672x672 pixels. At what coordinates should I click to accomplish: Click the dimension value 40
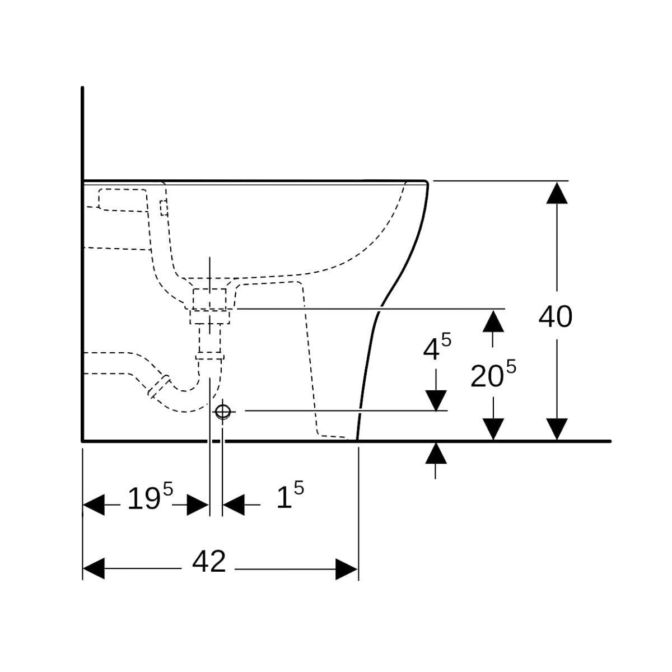pyautogui.click(x=555, y=317)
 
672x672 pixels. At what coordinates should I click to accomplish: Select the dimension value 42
pyautogui.click(x=209, y=561)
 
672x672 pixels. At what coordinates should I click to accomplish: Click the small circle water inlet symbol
pyautogui.click(x=223, y=412)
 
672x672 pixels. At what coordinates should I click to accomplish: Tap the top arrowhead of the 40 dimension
pyautogui.click(x=556, y=192)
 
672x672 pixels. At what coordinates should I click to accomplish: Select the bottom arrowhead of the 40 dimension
pyautogui.click(x=556, y=430)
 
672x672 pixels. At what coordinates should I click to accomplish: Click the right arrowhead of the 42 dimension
pyautogui.click(x=347, y=569)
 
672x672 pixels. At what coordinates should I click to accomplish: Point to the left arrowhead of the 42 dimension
pyautogui.click(x=94, y=569)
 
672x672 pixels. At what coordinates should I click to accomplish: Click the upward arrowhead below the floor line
pyautogui.click(x=436, y=452)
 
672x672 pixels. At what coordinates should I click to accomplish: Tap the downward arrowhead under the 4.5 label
pyautogui.click(x=436, y=400)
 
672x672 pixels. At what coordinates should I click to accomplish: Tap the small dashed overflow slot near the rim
pyautogui.click(x=164, y=208)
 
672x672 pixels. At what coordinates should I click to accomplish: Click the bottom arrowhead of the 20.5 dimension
pyautogui.click(x=493, y=430)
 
